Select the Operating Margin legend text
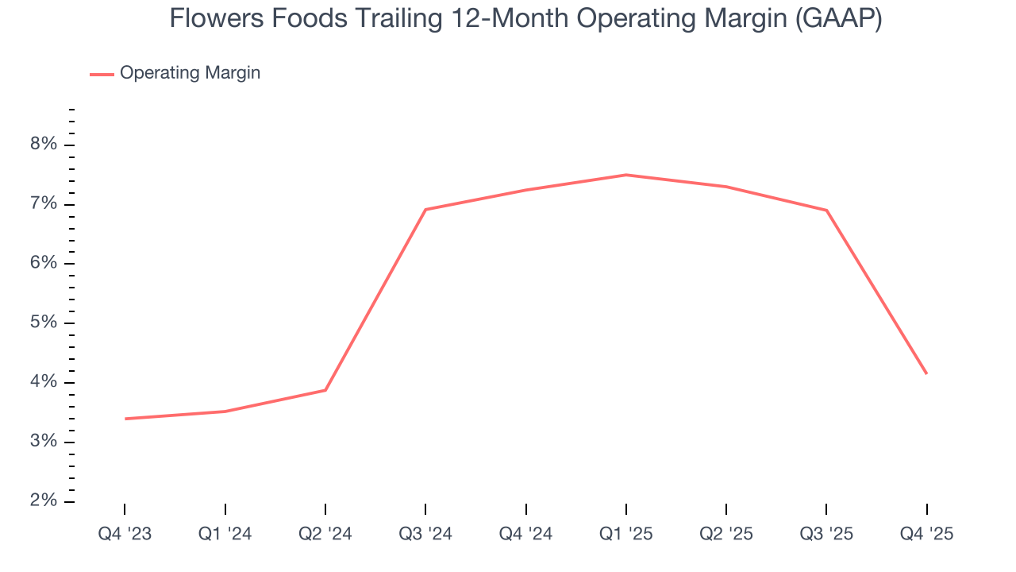click(x=190, y=73)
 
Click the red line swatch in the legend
click(x=102, y=74)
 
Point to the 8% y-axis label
click(x=44, y=145)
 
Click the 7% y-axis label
click(x=44, y=204)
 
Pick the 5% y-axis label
click(x=44, y=323)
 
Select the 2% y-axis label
click(x=44, y=501)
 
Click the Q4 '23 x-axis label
click(x=125, y=535)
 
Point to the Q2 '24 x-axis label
click(x=325, y=535)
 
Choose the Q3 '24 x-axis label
click(x=425, y=535)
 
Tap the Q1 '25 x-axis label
click(x=625, y=535)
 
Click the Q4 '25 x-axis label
click(x=926, y=535)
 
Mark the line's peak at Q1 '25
click(x=626, y=175)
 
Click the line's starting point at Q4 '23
click(x=125, y=419)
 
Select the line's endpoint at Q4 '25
click(x=926, y=373)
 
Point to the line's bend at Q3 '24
click(x=425, y=210)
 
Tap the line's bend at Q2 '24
click(x=325, y=390)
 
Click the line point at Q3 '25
click(x=826, y=211)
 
